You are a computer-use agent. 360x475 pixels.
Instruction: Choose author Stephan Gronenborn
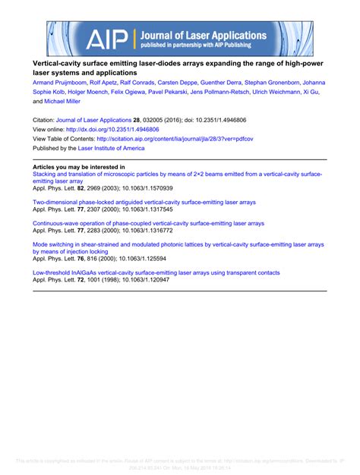coord(272,82)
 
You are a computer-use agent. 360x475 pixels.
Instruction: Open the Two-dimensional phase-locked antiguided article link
coord(144,203)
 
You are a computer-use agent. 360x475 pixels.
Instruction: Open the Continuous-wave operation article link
coord(148,224)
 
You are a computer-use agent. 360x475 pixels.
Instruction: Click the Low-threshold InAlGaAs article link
coord(156,272)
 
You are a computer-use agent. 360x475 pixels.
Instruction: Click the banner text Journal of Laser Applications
coord(202,35)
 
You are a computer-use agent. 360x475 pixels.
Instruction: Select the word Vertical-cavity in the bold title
coord(56,62)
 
